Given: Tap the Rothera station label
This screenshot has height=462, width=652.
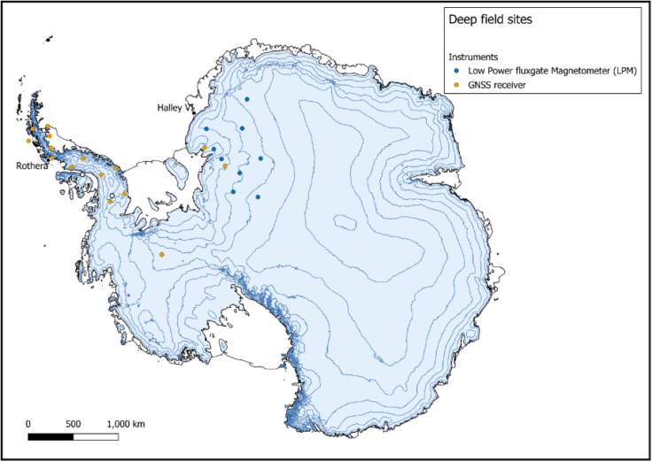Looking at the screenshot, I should click(33, 166).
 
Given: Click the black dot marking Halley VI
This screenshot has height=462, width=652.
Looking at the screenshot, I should click(194, 111).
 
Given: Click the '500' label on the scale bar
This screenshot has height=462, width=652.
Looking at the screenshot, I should click(74, 423).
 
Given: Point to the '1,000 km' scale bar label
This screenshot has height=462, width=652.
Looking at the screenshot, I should click(126, 423).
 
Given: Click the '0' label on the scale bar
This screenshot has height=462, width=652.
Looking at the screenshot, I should click(28, 423).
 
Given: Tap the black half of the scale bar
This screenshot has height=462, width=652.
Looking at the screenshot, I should click(50, 436).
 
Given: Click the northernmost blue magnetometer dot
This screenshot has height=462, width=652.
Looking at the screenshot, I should click(247, 99).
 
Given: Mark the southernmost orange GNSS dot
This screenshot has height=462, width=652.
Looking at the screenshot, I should click(161, 255).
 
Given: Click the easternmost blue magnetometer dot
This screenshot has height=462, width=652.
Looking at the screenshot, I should click(260, 158).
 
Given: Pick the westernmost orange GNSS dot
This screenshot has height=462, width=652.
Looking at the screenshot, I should click(28, 141).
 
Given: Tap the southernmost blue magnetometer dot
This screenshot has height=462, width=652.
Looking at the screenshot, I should click(258, 197).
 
